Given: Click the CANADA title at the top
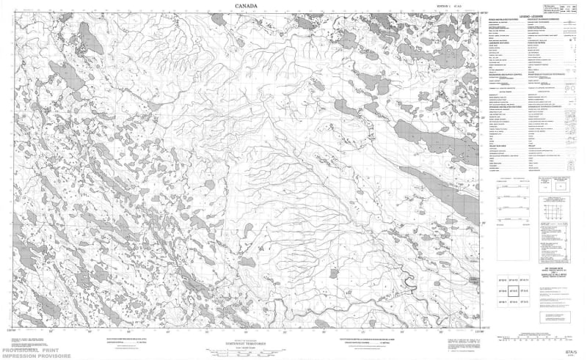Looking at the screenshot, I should coord(247,7).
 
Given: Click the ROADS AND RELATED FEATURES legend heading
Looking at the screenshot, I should coord(499,21).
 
